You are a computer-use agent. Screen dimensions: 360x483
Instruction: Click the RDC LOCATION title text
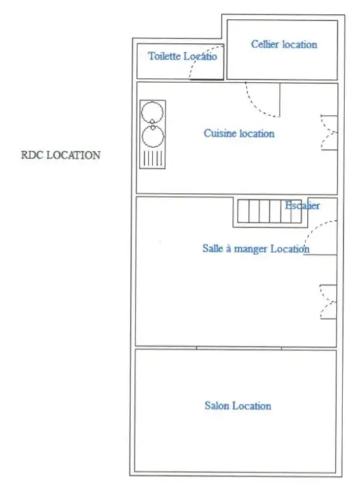coord(60,155)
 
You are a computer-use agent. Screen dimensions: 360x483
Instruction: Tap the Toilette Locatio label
coord(182,56)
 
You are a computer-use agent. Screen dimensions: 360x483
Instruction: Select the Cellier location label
coord(284,44)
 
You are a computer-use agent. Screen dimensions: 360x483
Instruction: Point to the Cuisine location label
coord(239,133)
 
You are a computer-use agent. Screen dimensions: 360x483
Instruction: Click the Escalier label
coord(302,205)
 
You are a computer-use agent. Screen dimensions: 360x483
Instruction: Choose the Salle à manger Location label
coord(256,249)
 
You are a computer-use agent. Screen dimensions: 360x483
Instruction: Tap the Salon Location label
coord(238,406)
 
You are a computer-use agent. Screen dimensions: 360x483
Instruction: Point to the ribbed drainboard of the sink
coord(153,159)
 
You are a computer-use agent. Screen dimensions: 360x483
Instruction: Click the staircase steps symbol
coord(270,212)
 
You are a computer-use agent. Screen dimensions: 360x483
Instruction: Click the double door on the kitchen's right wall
coord(329,132)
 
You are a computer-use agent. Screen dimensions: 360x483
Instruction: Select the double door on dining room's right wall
coord(328,302)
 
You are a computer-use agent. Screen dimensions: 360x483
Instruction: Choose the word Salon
coord(217,406)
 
